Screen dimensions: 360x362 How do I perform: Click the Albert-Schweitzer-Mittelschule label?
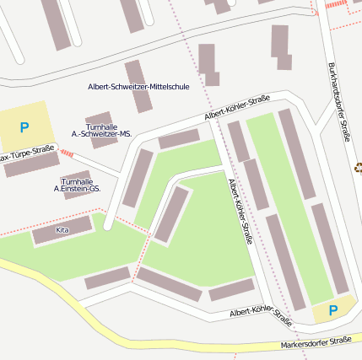pos(138,87)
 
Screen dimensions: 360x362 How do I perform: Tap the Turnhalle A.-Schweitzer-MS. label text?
pos(101,130)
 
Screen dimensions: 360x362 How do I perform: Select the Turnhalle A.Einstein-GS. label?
pos(77,185)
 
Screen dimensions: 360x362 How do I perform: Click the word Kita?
pos(62,229)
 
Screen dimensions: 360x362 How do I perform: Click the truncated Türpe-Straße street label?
pos(26,154)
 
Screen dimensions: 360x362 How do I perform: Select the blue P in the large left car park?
pos(24,127)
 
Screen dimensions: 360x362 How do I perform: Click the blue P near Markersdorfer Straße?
pos(332,310)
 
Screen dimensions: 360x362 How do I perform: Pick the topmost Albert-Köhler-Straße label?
pos(237,108)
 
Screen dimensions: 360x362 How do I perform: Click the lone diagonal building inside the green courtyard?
pos(171,213)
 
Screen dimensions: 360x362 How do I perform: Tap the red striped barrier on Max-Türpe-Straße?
pos(66,153)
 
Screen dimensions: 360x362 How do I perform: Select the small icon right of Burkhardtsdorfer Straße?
pos(358,167)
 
